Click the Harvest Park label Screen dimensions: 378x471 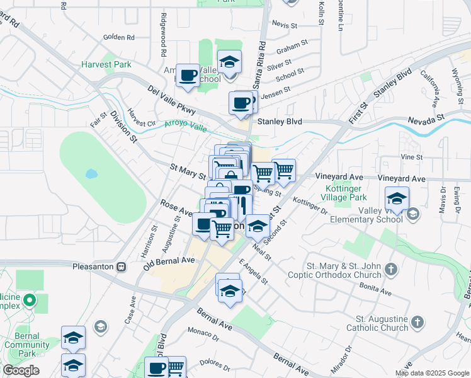click(x=105, y=64)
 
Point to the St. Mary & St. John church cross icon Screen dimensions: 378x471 click(x=391, y=270)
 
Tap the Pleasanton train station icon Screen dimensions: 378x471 click(x=122, y=266)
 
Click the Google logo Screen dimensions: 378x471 click(x=21, y=370)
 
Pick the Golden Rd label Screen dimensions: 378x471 click(x=115, y=37)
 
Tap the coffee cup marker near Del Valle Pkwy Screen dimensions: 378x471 click(x=187, y=77)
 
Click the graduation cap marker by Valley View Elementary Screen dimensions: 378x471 click(x=397, y=199)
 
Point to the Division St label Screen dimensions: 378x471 click(x=123, y=127)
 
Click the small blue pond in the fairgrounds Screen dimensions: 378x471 click(x=92, y=173)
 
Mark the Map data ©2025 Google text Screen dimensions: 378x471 click(x=432, y=373)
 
